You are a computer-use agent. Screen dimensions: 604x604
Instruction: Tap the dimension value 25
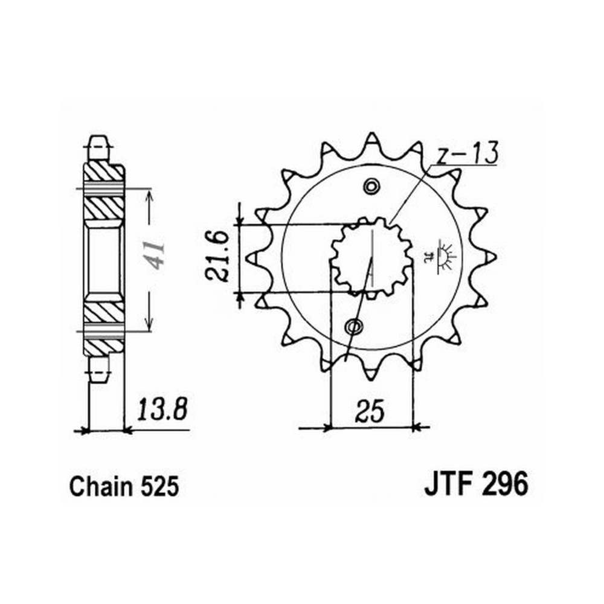[370, 411]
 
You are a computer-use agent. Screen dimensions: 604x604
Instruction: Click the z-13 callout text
[467, 153]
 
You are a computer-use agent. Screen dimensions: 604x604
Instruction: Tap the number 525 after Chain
[159, 486]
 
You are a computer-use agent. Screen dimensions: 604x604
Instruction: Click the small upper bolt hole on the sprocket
[371, 187]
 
